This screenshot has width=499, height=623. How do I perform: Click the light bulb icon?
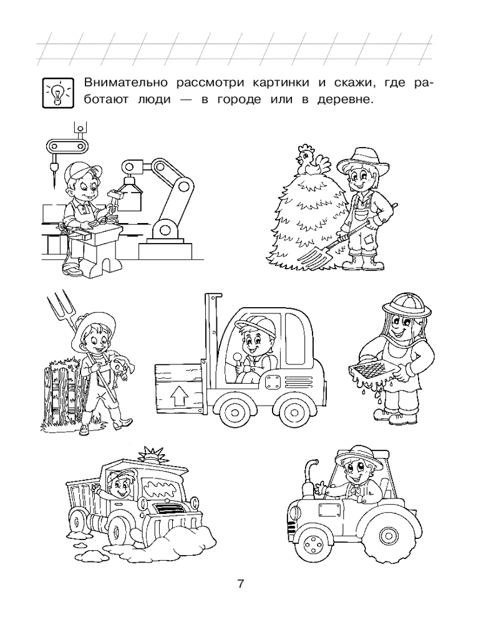(58, 93)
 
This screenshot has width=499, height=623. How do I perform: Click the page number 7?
(240, 584)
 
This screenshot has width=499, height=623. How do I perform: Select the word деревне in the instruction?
(346, 100)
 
